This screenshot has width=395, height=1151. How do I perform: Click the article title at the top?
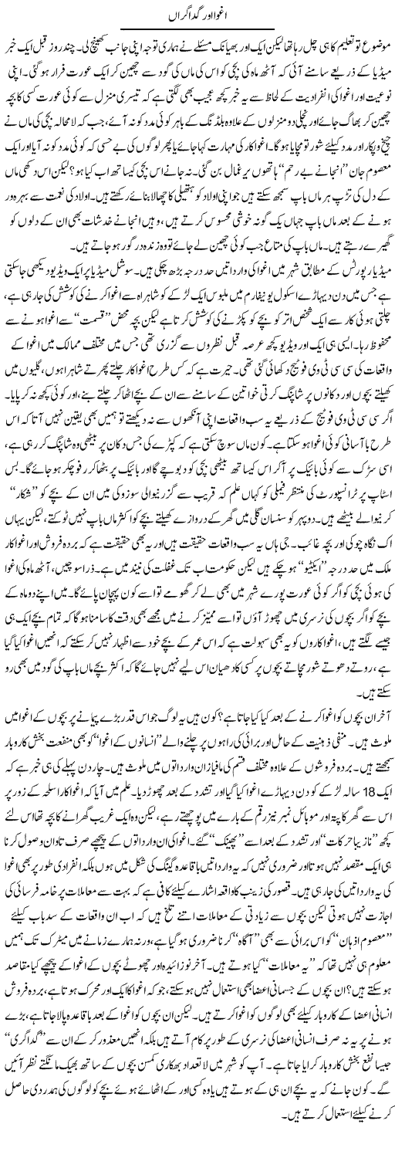pos(197,15)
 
